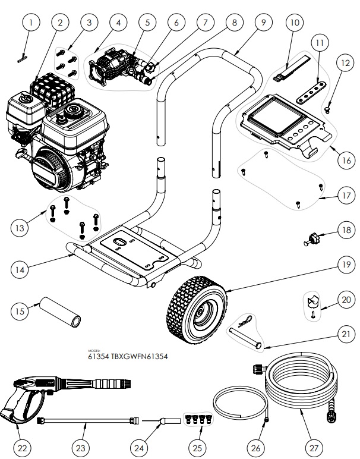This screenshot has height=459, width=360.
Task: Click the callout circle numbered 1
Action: coord(32,23)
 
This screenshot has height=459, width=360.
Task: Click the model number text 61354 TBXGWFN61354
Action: coord(128,357)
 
